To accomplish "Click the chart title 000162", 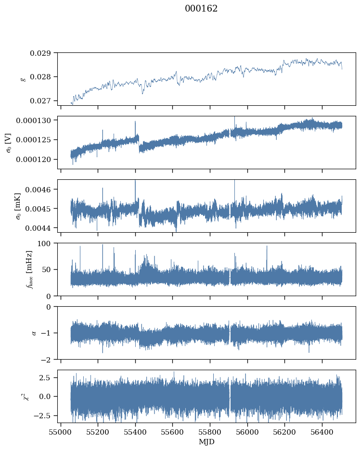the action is pos(201,9).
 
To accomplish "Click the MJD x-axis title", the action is pos(206,442).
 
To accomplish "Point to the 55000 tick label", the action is pos(61,432).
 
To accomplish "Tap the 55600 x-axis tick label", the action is pos(173,432).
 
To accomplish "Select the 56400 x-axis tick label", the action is pos(322,432).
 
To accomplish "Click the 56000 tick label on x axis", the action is pos(247,432).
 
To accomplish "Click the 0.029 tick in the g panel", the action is pos(40,53).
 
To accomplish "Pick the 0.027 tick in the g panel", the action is pos(40,101).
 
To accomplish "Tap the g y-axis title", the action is pos(23,79).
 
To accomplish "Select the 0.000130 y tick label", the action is pos(33,121).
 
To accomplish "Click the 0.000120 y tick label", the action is pos(33,159).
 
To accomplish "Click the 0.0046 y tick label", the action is pos(38,190).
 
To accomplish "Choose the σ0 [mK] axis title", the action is pos(18,206).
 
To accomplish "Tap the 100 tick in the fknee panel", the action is pos(44,243).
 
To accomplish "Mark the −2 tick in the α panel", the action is pos(46,360).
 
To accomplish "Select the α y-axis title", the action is pos(34,333).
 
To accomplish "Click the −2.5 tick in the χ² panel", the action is pos(42,415).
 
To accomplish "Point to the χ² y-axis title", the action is pos(26,396).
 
